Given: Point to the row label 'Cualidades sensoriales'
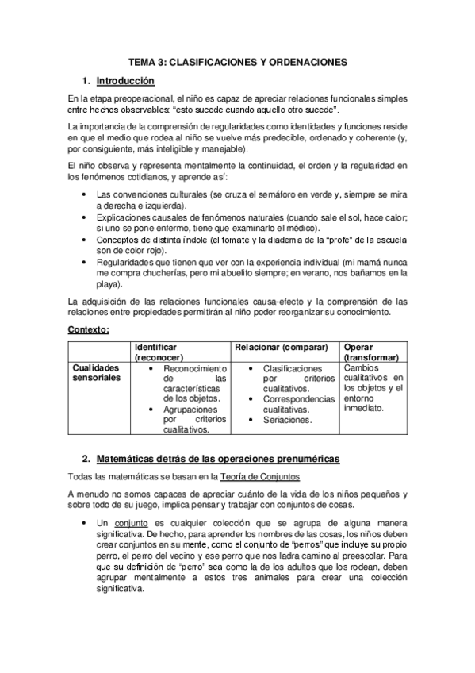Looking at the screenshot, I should [x=95, y=374].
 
